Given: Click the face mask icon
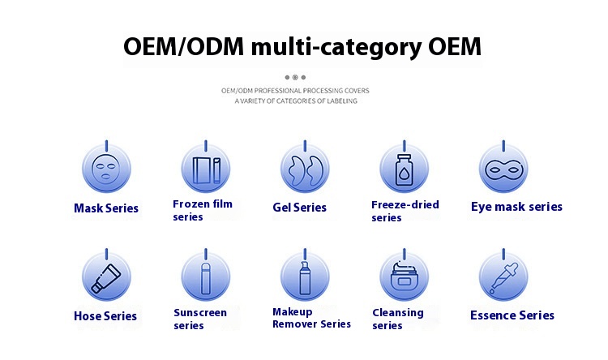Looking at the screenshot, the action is click(x=106, y=169).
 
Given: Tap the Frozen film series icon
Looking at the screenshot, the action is click(x=206, y=170).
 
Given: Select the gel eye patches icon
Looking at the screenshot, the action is click(x=305, y=170).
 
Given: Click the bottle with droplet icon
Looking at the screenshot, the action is click(x=405, y=169).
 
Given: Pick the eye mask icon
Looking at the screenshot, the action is click(x=503, y=170).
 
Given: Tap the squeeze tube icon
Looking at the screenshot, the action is click(x=106, y=279).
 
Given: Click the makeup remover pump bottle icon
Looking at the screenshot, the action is click(x=305, y=278).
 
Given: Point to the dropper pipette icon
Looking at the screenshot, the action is click(x=503, y=278).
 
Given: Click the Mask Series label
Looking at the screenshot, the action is click(x=106, y=208).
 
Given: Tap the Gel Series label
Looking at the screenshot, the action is click(x=299, y=208).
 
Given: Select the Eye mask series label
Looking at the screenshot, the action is click(x=516, y=207).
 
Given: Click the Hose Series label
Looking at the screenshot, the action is click(x=105, y=316).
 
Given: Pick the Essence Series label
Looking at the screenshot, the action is click(x=512, y=315).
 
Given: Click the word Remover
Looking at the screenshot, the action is click(x=295, y=324).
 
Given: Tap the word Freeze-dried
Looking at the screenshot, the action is click(x=405, y=204).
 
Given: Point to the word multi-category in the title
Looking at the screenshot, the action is click(x=336, y=48).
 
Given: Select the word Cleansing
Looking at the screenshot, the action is click(x=398, y=313).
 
